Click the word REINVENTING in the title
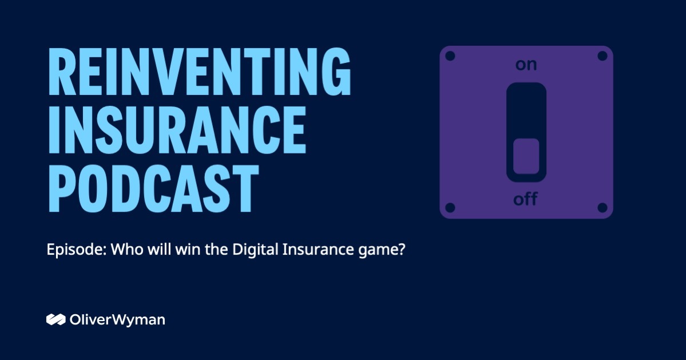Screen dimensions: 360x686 coord(199,73)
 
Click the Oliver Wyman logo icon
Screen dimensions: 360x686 coord(55,319)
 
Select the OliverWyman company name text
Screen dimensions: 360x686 coord(117,319)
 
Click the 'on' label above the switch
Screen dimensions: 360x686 coord(526,65)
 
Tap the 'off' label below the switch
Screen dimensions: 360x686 coord(526,200)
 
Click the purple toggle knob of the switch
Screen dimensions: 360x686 coord(526,156)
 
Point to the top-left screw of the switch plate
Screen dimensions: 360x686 coord(450,56)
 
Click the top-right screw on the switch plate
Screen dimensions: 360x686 coord(602,56)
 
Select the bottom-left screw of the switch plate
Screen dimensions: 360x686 coord(450,207)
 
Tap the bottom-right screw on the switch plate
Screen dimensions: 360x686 coord(602,207)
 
